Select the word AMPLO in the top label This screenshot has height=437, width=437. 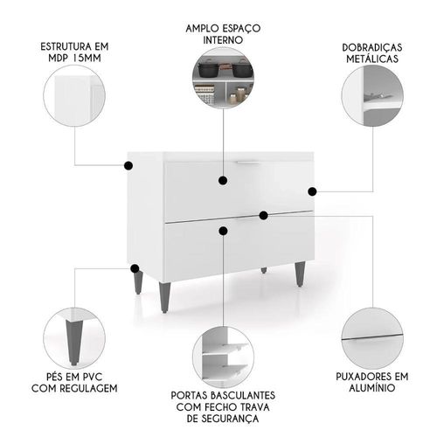click(202, 29)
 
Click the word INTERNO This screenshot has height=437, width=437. click(223, 40)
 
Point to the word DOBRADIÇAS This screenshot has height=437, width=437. click(372, 47)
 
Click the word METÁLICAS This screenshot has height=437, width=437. click(372, 59)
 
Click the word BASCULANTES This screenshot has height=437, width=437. click(243, 395)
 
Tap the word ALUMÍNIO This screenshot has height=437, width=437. click(372, 388)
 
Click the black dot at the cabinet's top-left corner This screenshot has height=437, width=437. click(128, 166)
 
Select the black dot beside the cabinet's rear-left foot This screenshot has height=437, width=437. click(135, 268)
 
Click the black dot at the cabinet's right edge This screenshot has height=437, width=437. click(312, 191)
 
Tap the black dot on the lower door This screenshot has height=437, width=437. click(223, 231)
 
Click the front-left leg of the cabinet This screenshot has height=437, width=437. click(164, 297)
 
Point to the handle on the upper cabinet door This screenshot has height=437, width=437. click(247, 163)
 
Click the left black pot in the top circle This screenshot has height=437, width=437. click(209, 69)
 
